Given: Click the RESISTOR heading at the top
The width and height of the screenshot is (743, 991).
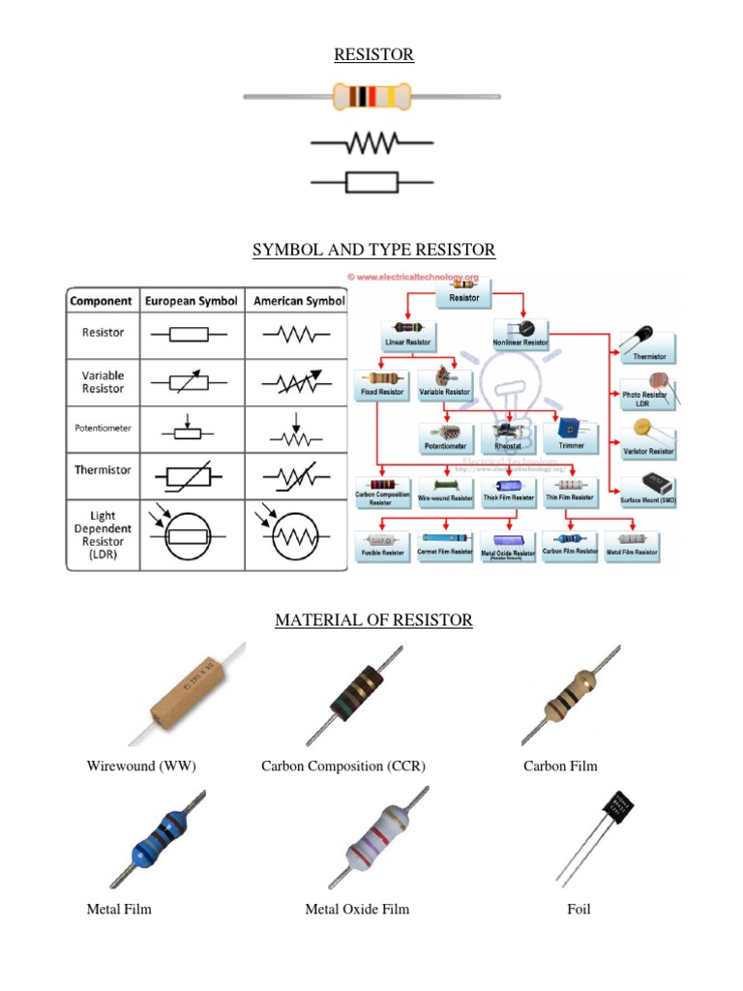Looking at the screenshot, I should click(373, 55).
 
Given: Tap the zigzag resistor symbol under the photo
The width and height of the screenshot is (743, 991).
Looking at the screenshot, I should click(372, 144).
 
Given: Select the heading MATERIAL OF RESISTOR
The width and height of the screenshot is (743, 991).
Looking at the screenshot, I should click(373, 619).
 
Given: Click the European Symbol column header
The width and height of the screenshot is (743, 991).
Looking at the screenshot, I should click(192, 301).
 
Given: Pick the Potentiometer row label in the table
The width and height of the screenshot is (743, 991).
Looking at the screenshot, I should click(103, 427).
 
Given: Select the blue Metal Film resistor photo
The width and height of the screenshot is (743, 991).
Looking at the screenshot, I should click(158, 839).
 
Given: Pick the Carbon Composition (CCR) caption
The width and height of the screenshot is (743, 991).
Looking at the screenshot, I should click(343, 766).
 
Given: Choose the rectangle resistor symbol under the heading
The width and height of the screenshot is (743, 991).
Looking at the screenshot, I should click(372, 181).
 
